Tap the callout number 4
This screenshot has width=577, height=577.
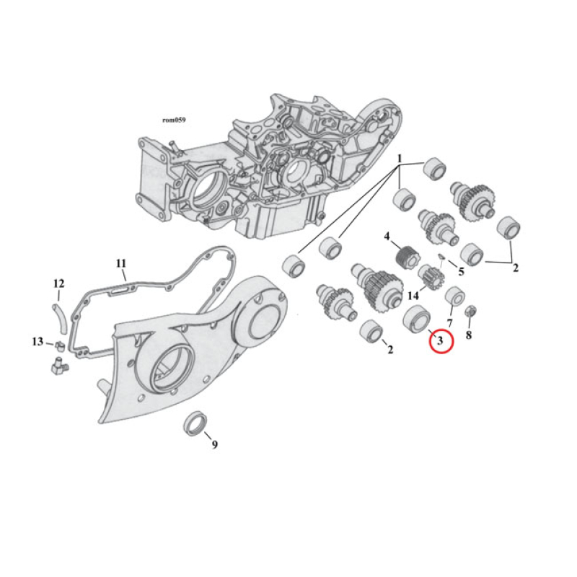point(387,237)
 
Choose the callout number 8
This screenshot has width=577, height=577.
point(469,335)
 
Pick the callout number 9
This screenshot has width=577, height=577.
point(214,444)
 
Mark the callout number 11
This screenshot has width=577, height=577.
point(121,263)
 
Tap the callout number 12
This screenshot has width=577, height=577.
point(59,283)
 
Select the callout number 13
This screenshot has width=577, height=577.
point(37,341)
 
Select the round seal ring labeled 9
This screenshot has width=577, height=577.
point(194,423)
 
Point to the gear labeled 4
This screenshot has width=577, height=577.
point(409,256)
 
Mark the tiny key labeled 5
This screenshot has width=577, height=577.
point(442,257)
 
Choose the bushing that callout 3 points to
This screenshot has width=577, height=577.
point(417,317)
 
